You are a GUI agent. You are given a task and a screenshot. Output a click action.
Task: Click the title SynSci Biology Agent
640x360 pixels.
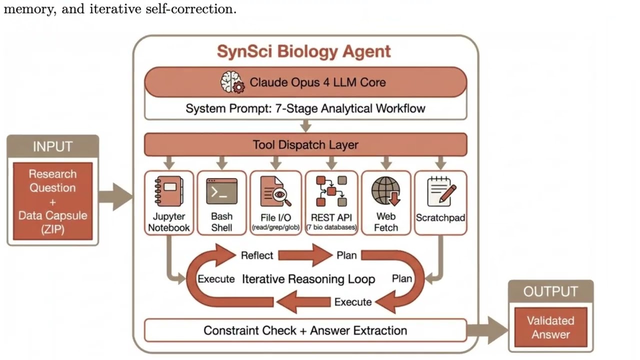click(x=304, y=51)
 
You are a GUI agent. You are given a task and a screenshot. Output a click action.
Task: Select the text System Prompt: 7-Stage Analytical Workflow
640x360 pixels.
click(x=305, y=108)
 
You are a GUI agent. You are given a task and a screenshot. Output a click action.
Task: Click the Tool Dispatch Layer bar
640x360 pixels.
click(x=305, y=145)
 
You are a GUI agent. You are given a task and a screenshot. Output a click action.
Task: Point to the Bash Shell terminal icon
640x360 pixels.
click(x=221, y=191)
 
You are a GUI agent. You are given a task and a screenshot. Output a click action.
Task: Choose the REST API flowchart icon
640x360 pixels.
click(x=331, y=191)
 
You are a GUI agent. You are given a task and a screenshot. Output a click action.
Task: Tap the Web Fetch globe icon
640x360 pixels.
click(x=386, y=191)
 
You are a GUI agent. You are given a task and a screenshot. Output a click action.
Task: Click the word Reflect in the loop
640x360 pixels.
click(x=257, y=255)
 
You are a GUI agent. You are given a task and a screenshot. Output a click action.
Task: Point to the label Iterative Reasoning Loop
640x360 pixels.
click(x=308, y=279)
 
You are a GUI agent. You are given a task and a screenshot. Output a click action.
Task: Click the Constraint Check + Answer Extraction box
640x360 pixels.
click(x=305, y=330)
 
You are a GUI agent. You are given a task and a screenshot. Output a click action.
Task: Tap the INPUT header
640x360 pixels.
click(x=52, y=147)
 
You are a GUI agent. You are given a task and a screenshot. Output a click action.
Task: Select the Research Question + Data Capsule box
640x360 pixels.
click(x=52, y=201)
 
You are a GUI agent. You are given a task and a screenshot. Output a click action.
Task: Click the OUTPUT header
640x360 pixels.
click(x=550, y=291)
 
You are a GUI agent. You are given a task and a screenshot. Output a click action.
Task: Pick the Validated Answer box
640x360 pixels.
click(x=550, y=327)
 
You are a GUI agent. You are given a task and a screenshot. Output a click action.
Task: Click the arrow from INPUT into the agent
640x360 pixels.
click(x=115, y=196)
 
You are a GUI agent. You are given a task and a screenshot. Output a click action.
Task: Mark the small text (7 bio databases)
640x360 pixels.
click(x=331, y=228)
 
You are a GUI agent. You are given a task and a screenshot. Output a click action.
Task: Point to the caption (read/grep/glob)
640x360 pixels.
click(x=275, y=228)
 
